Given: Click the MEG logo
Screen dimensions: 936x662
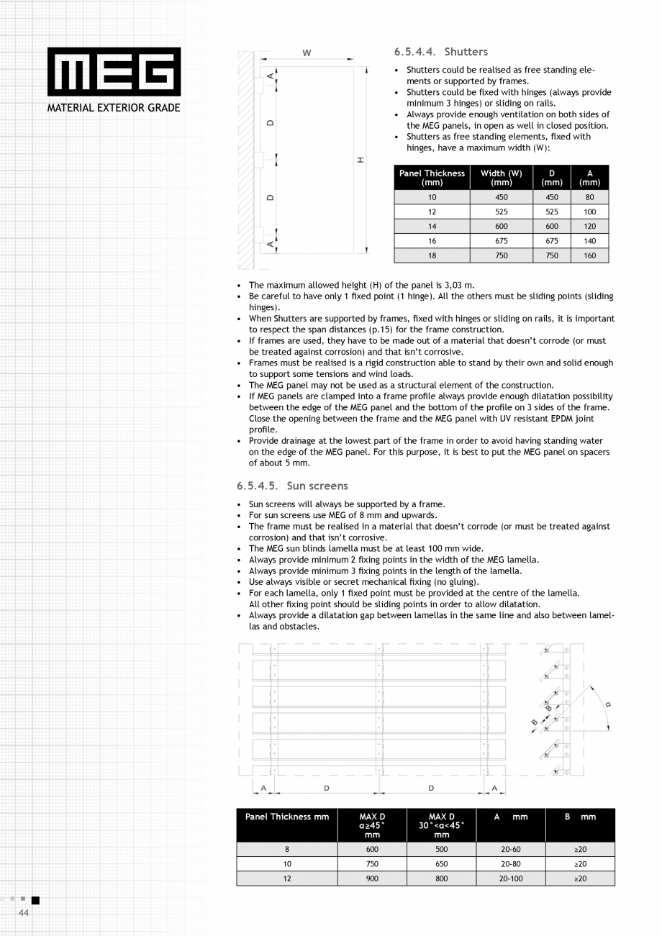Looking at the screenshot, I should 114,72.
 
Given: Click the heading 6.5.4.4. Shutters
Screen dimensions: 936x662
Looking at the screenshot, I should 440,52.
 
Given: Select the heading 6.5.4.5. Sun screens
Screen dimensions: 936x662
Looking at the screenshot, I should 292,486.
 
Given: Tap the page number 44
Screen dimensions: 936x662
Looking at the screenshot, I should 23,912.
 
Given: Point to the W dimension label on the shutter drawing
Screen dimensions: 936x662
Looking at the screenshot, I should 307,53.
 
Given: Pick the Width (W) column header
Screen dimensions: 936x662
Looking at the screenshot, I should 501,177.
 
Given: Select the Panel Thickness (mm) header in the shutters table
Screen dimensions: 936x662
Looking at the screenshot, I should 432,177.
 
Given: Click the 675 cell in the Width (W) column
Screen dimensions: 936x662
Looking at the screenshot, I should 501,241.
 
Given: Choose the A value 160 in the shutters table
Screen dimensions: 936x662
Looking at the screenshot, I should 589,255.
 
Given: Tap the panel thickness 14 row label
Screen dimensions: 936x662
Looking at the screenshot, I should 432,226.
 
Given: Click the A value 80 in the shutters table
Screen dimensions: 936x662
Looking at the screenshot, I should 589,197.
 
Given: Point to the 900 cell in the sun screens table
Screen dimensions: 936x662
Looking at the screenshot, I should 372,878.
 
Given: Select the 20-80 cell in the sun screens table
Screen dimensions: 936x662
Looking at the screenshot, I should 510,864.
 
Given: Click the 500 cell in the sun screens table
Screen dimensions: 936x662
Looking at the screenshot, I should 441,850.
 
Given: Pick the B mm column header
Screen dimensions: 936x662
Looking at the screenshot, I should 580,817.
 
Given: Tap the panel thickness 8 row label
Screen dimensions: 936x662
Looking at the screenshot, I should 287,850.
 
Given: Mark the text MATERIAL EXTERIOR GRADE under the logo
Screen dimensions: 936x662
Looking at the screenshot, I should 114,108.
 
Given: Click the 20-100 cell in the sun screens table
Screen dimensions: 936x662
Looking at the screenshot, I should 510,878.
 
